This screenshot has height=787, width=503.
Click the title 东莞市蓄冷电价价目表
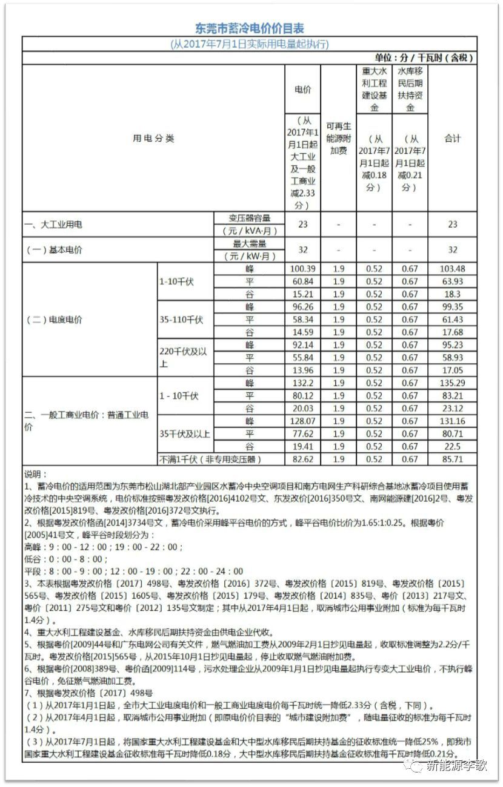point(250,28)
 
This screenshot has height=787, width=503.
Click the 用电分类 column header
point(153,139)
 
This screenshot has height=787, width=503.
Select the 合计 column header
point(452,139)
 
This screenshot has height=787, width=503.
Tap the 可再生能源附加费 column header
point(339,138)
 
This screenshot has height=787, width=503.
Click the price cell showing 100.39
point(303,269)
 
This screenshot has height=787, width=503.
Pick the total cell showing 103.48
point(452,269)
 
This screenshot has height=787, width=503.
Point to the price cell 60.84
point(303,282)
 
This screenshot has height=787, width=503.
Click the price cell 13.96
point(303,370)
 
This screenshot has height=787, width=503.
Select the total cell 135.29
point(452,383)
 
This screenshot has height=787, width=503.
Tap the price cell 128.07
point(303,421)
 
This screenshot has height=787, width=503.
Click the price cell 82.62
point(303,459)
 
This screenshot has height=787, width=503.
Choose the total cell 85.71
point(452,459)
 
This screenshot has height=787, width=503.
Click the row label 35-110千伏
point(181,320)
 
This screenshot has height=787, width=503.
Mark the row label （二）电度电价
point(54,320)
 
